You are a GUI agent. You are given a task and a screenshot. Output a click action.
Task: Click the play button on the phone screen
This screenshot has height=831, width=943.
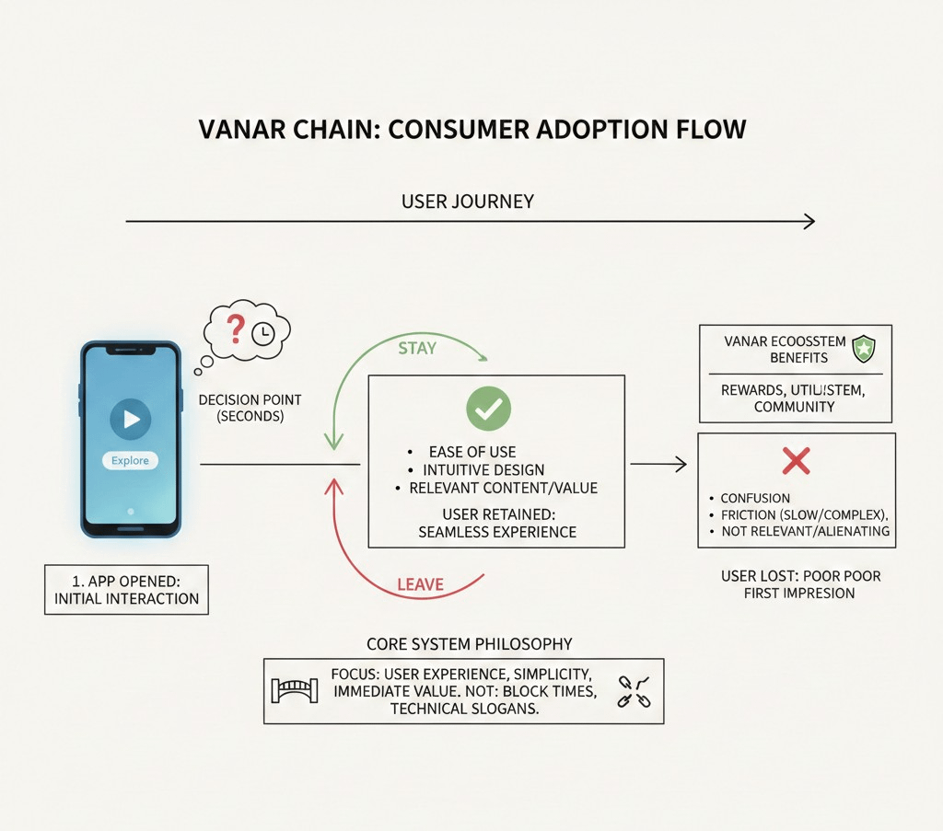coord(131,420)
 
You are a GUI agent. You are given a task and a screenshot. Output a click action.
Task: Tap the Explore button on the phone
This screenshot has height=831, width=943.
coord(130,460)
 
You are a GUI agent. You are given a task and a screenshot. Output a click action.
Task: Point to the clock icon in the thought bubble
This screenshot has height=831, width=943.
coord(263,334)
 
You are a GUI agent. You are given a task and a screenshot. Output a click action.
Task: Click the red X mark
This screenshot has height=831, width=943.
coord(796,460)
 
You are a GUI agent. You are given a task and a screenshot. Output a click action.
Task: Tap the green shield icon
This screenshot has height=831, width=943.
coord(864,349)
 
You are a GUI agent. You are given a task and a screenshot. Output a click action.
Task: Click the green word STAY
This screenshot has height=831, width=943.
coord(416,349)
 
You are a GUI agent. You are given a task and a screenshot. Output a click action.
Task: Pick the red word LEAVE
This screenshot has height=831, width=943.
coord(420,584)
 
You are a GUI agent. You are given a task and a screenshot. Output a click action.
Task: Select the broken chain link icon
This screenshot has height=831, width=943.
coord(634,691)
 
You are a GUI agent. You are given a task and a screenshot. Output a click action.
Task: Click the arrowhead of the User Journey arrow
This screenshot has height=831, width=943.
coord(809,221)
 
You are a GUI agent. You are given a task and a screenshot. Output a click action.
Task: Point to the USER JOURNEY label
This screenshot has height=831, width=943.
coord(467,202)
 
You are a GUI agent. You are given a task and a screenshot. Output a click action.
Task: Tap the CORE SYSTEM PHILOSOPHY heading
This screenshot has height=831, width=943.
coord(469,644)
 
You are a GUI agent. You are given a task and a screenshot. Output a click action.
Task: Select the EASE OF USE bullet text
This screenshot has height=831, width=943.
coord(472,452)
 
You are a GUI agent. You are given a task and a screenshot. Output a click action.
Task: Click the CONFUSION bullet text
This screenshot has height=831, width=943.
coord(755,498)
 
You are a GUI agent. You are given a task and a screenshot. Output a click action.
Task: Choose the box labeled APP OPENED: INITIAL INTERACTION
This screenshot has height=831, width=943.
coord(126,589)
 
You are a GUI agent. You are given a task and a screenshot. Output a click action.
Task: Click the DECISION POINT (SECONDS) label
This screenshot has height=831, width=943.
coord(250,408)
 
